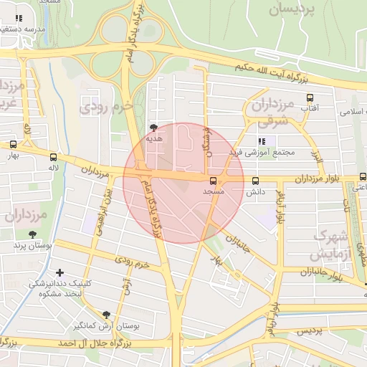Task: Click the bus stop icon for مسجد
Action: coord(214,180)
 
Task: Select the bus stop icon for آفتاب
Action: coord(310,97)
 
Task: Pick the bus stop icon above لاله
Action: coord(54,156)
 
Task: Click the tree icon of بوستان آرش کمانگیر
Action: coord(107,314)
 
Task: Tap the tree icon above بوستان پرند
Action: coord(32,234)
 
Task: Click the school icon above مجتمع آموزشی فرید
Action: coord(260,141)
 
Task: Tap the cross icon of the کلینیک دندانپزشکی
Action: coord(59,272)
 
